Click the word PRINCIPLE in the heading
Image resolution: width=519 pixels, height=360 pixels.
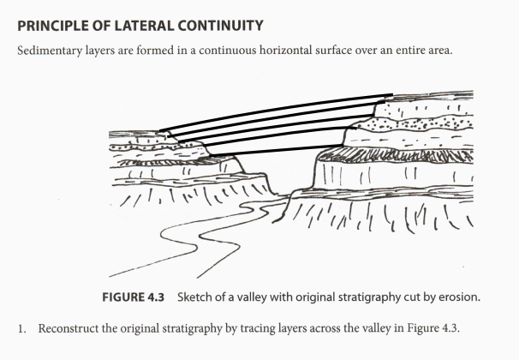click(x=45, y=17)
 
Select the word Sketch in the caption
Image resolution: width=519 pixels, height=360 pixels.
click(x=194, y=297)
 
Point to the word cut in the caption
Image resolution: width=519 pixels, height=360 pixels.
click(x=391, y=297)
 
